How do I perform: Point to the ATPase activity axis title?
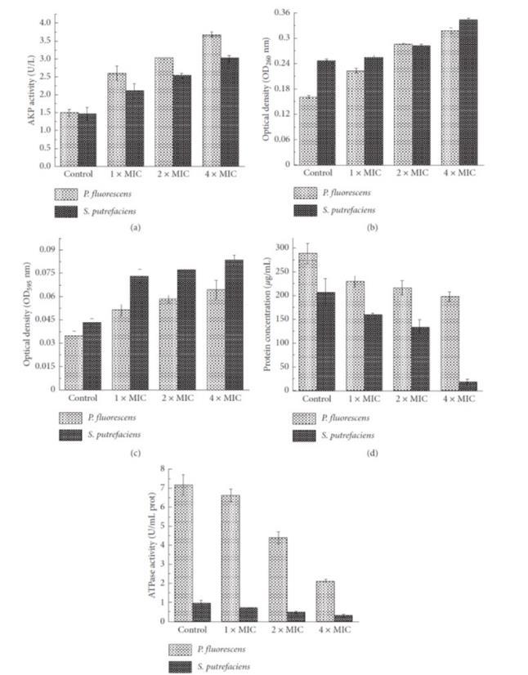pyautogui.click(x=152, y=543)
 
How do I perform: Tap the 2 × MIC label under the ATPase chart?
pyautogui.click(x=285, y=630)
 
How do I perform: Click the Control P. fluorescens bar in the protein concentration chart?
pyautogui.click(x=307, y=321)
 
